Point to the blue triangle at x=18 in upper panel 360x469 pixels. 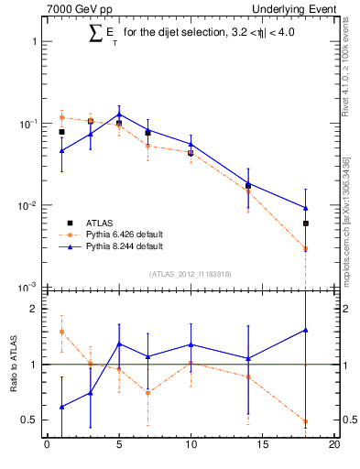click(x=306, y=208)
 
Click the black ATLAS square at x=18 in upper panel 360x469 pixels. click(x=306, y=224)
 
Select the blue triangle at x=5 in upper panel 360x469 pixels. click(x=119, y=115)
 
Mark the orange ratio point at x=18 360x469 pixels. click(x=306, y=422)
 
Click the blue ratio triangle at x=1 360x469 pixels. click(x=61, y=407)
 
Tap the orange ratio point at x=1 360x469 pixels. click(x=61, y=332)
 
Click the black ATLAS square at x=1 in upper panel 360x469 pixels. click(x=61, y=132)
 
